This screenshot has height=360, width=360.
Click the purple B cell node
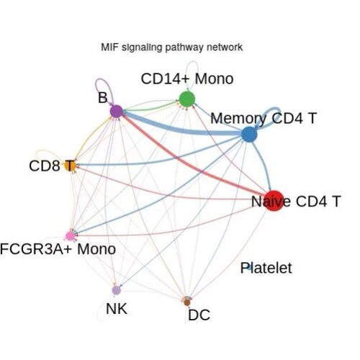coord(117,111)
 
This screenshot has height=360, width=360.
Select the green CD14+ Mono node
coord(187,99)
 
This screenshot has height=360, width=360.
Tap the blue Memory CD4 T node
coord(249,134)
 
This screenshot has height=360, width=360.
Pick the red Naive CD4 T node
coord(274,201)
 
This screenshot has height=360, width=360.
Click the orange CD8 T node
coord(70,166)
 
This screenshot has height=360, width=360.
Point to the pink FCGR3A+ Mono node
coord(71,236)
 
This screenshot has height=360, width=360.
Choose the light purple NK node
coord(116,290)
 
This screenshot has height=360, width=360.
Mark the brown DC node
coord(187,302)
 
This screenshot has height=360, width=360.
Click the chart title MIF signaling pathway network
coord(172,47)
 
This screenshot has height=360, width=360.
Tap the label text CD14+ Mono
coord(187,78)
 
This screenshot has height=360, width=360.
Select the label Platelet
coord(266,268)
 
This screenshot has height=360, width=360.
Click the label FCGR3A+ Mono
coord(58,249)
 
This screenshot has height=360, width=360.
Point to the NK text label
coord(117,309)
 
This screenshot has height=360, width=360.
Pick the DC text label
coord(199,315)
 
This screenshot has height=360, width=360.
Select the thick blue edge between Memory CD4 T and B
coord(182,130)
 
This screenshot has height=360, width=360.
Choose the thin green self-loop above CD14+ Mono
coord(192,62)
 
